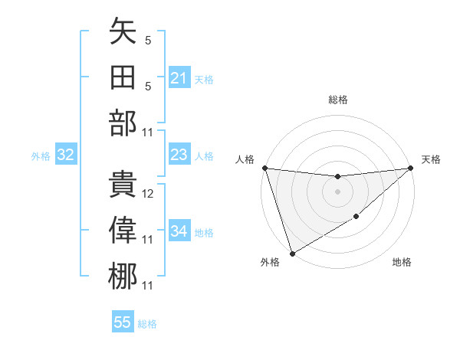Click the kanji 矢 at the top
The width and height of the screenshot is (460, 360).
123,33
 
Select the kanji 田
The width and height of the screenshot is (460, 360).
123,77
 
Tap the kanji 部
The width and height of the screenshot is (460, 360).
123,123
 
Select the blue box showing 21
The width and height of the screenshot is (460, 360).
179,78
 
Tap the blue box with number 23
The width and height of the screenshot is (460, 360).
179,155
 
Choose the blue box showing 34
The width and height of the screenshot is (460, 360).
179,231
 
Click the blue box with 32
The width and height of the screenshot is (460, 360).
66,155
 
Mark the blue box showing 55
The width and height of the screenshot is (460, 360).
123,322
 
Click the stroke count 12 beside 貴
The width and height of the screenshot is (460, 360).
148,195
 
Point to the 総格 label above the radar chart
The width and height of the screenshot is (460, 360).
338,100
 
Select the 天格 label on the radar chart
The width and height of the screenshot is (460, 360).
431,159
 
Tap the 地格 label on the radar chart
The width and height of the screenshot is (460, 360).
402,263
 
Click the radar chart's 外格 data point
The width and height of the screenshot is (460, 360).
292,254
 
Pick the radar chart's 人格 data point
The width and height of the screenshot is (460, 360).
264,168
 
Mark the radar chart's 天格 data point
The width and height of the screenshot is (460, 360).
410,168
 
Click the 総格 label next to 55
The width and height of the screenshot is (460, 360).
147,324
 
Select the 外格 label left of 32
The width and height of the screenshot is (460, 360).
41,156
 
